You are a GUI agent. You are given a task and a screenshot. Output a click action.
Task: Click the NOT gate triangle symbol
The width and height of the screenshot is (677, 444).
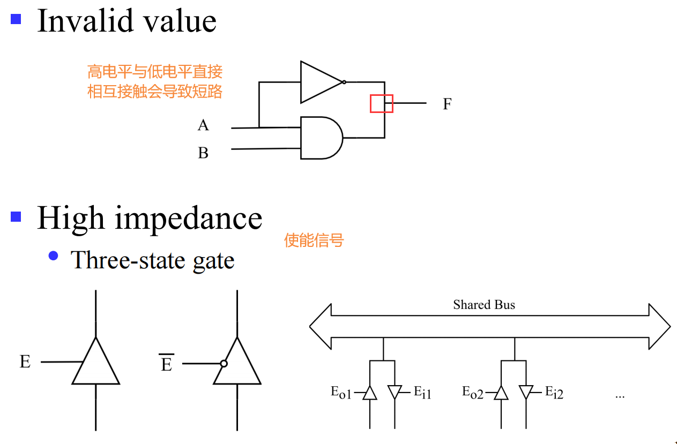318,82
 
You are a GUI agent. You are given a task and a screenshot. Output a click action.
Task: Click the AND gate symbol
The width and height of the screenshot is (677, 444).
321,138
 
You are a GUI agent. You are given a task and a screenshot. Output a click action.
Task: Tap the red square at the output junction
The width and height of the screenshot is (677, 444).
381,103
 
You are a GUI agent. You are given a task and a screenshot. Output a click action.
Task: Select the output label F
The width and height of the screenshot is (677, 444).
447,104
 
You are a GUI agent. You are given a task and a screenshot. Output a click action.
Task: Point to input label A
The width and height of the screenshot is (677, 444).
203,125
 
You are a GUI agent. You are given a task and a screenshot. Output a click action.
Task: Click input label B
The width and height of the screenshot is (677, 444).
203,153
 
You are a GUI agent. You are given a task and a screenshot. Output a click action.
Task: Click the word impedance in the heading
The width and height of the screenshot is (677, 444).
189,219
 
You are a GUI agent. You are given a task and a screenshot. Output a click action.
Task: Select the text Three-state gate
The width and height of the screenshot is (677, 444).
153,261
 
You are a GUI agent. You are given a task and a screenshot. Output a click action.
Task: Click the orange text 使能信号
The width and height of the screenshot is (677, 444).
314,240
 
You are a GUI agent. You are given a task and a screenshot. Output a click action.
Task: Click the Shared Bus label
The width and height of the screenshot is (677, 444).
483,305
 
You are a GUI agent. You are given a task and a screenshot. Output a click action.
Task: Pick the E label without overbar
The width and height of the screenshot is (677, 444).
25,362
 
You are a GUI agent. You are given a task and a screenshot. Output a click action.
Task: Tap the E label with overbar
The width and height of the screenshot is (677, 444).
167,364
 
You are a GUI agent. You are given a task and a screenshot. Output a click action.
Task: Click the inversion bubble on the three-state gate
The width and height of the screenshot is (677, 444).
224,364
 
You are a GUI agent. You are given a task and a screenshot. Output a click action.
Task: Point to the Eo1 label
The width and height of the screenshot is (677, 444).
340,393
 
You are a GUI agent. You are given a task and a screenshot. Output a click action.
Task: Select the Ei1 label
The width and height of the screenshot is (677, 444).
422,393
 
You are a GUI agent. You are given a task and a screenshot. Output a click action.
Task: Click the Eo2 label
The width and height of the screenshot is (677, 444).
472,393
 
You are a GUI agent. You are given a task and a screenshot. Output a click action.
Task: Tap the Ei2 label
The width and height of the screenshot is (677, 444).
554,393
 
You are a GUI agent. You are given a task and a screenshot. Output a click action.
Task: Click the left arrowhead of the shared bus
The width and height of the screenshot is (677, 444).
321,326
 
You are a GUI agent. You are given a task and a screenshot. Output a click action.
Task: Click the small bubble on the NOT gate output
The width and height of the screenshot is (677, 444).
344,82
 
